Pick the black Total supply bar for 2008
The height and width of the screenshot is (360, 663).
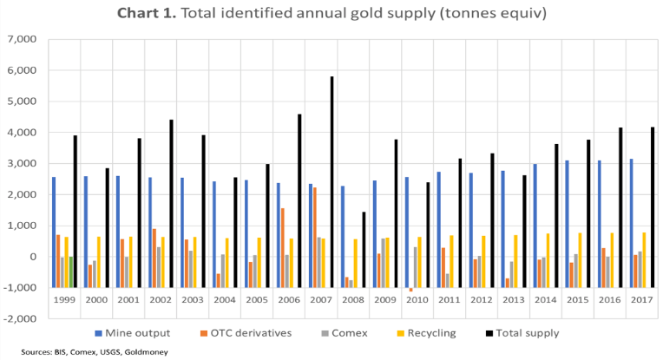(363, 234)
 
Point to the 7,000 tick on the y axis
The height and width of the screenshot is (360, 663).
(21, 40)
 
